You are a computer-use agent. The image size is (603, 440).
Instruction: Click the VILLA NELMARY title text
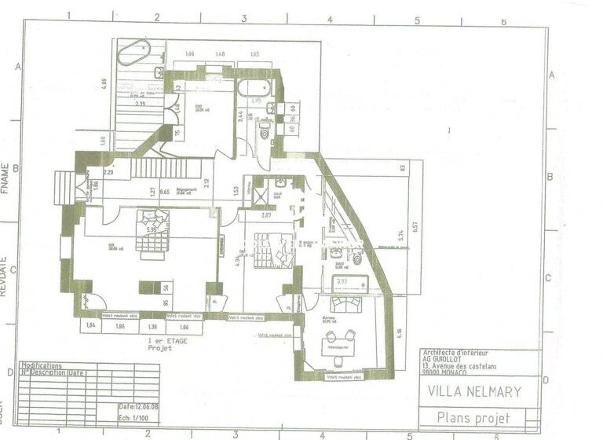coord(473,390)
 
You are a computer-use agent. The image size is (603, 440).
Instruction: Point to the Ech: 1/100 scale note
coord(136,418)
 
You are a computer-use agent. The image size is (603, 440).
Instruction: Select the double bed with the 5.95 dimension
coord(151,233)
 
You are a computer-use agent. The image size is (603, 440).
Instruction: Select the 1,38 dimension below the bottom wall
coord(154,325)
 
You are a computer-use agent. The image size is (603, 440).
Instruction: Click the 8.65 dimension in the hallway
coord(165,191)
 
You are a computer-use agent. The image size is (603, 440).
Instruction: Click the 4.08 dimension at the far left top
coord(103,81)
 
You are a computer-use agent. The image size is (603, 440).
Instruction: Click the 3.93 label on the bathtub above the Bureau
coord(342,280)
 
